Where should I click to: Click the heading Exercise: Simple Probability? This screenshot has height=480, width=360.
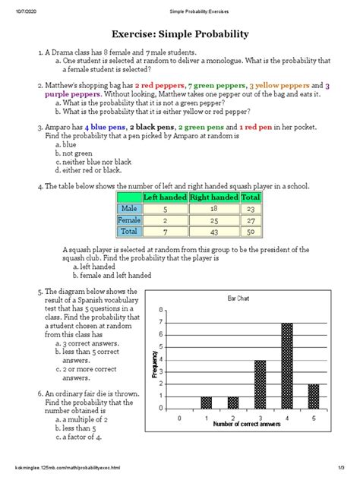(180, 34)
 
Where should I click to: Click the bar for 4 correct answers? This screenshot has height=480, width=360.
(286, 367)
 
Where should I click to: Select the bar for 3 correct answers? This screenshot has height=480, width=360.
(260, 385)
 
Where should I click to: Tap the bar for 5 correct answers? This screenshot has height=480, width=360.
(313, 396)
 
